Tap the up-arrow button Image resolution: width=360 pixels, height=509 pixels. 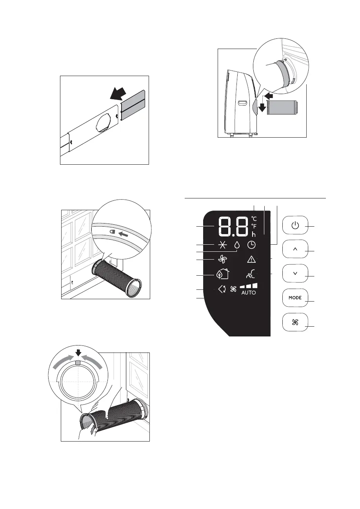(x=295, y=249)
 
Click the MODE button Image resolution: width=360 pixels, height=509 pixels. (x=295, y=298)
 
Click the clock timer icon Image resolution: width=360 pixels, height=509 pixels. (x=251, y=245)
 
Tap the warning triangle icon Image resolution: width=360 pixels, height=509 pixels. (x=251, y=259)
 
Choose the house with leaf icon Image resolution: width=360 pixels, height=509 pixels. (x=222, y=274)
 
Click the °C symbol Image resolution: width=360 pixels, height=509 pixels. (x=254, y=218)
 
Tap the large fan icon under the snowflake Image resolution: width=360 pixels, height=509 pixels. (x=222, y=259)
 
